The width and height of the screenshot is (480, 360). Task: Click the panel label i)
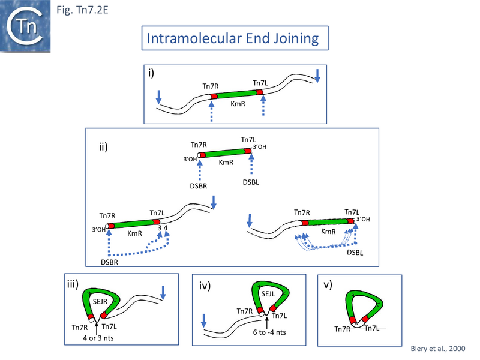153,73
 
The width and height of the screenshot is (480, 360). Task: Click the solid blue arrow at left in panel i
158,97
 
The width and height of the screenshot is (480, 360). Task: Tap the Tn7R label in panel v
343,328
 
